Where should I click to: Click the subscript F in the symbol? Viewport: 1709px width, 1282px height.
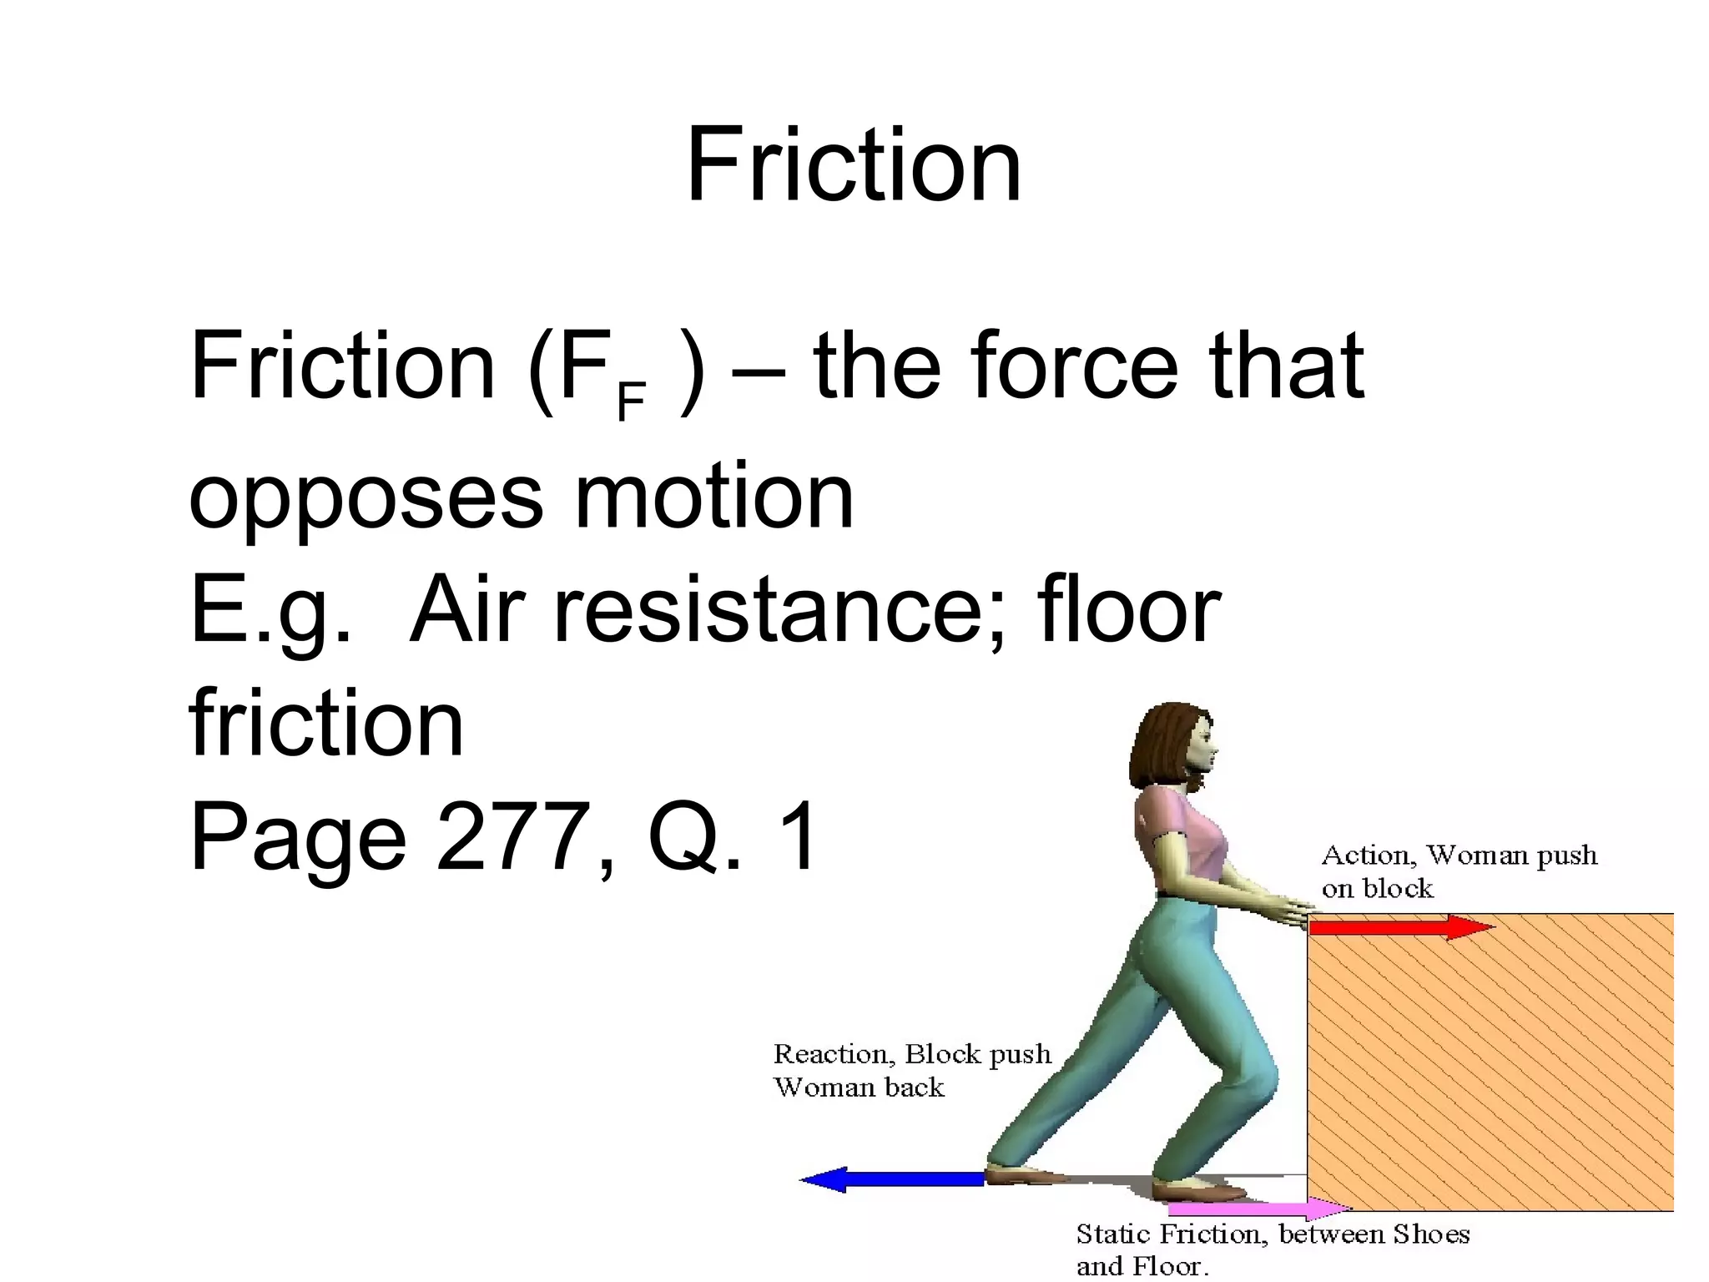coord(631,401)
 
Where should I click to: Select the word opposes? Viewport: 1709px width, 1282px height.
coord(365,498)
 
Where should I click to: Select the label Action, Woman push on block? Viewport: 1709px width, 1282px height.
coord(1459,871)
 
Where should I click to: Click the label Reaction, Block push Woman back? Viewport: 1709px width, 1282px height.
coord(911,1070)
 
